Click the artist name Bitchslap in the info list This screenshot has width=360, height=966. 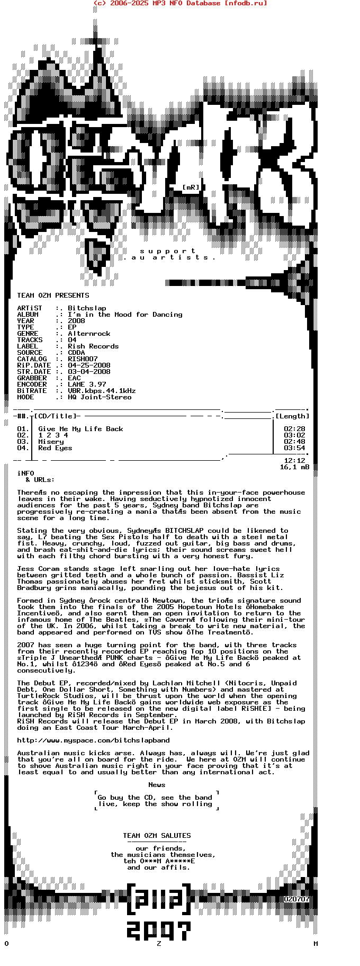pos(87,308)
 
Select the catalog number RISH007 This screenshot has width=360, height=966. pos(83,359)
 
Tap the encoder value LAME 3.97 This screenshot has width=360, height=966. pos(87,384)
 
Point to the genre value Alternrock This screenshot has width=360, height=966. pos(89,334)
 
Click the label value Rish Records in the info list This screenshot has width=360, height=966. pos(93,346)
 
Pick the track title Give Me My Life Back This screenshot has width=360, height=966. pos(80,429)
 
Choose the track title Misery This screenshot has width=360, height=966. pos(51,442)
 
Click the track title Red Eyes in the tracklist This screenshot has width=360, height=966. pos(55,448)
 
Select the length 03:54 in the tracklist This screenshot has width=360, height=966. pos(294,448)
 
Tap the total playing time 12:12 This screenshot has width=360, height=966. pos(294,461)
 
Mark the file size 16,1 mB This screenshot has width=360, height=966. pos(294,467)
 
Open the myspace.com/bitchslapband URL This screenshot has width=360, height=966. pos(93,740)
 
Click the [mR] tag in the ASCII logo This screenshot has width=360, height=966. pos(191,187)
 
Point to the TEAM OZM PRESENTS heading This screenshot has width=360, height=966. pos(53,296)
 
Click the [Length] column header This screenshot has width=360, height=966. pos(292,416)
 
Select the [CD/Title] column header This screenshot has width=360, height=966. pos(57,416)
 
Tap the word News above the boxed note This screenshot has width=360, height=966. pos(157,785)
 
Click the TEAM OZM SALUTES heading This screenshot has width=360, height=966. pos(157,836)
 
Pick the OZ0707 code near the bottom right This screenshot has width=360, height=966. pos(296,899)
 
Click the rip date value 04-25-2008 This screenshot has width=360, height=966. pos(89,365)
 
